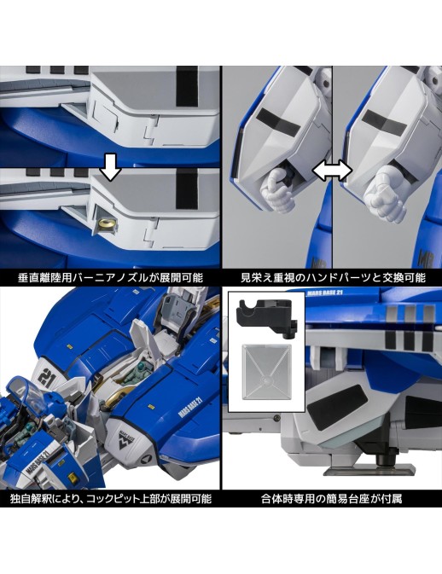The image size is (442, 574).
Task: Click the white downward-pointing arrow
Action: (x=110, y=167)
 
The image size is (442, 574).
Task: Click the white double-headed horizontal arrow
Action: (x=332, y=171)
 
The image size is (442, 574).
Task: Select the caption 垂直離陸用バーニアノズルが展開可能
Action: (x=110, y=278)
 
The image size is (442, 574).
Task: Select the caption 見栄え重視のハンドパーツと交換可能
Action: (x=333, y=278)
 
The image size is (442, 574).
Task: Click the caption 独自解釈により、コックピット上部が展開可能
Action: (x=110, y=499)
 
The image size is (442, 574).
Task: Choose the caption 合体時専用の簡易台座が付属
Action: (x=331, y=499)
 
